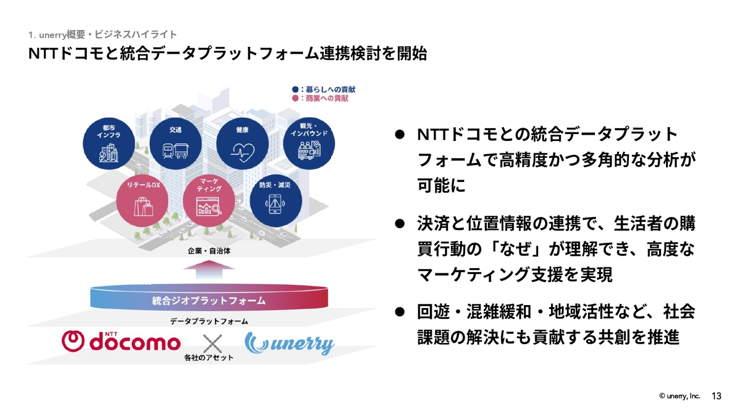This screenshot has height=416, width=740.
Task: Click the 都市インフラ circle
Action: coord(109,144)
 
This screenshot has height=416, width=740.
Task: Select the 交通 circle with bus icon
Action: coord(175,144)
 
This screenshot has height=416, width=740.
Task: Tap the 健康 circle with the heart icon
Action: coord(242,144)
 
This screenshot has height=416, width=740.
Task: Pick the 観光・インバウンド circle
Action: coord(309,144)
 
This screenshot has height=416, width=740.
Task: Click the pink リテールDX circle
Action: coord(142,201)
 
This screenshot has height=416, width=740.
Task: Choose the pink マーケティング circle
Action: coord(209,201)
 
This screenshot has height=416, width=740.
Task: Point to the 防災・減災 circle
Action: coord(276,201)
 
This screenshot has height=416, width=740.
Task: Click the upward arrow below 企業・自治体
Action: coord(209,269)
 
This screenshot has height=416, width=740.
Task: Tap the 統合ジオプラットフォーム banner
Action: coord(209,298)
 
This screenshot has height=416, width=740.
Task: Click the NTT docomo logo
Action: coord(121,341)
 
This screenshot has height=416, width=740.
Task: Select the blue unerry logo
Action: coord(290,343)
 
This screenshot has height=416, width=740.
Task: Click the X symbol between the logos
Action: coord(212,344)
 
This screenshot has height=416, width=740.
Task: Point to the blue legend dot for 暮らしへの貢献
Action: coord(295,90)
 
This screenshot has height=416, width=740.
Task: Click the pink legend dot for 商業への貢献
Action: coord(295,98)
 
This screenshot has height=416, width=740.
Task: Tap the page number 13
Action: coord(716,396)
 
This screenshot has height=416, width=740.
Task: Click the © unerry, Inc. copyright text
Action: coord(679,396)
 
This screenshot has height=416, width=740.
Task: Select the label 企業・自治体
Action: coord(209,251)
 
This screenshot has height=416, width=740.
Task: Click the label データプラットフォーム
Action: coord(209,321)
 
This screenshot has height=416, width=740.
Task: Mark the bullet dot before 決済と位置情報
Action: coord(399,224)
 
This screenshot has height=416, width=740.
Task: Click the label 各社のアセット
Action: coord(209,358)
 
